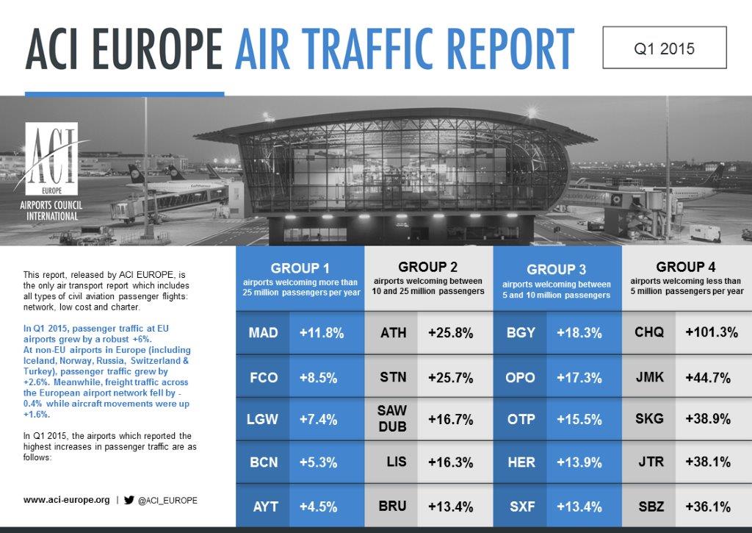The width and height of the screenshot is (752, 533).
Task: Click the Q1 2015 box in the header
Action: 664,48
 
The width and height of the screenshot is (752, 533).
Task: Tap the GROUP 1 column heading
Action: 300,268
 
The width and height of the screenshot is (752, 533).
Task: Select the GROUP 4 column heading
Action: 686,267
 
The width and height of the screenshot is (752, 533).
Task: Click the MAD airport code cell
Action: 263,332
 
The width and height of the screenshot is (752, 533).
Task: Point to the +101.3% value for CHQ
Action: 711,332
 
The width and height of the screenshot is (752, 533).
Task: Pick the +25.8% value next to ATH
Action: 451,332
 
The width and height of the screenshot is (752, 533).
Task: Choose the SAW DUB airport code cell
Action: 391,419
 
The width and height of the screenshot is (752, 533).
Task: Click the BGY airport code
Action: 521,332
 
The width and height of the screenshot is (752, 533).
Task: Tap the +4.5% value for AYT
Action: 318,507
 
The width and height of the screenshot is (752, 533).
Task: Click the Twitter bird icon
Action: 129,500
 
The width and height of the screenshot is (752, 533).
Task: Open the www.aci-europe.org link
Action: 66,500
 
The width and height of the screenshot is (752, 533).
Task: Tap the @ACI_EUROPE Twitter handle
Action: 167,500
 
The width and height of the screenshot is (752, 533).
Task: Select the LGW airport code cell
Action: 263,419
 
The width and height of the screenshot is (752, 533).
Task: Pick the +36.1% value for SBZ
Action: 708,507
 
